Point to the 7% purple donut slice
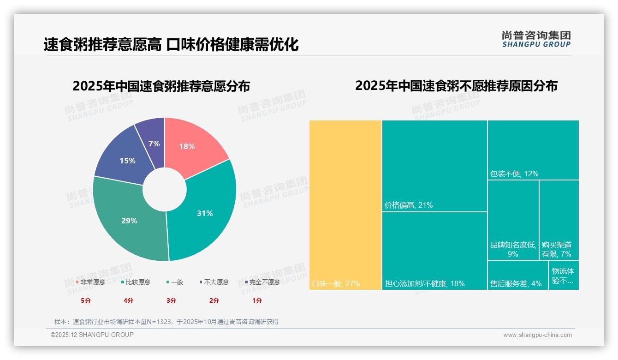click(154, 143)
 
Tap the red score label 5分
click(86, 300)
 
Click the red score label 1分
click(257, 300)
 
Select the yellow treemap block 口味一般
click(345, 205)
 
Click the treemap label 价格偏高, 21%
click(409, 205)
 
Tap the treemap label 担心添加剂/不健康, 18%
click(425, 284)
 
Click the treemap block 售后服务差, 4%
click(516, 284)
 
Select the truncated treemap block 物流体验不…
click(563, 276)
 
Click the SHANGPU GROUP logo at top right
click(536, 39)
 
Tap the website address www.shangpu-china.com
click(537, 335)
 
